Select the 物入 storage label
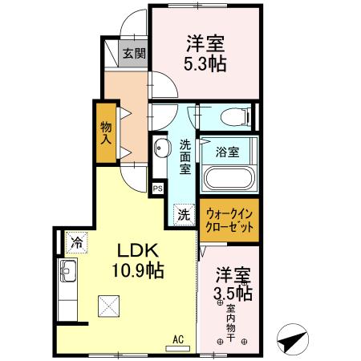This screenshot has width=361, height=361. point(106,132)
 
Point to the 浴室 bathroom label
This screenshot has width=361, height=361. point(228,151)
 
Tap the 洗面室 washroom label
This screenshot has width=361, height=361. point(184,156)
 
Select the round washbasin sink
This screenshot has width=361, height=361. point(160,148)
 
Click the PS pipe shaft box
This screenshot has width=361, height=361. point(157,188)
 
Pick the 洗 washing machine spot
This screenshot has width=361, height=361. point(184,214)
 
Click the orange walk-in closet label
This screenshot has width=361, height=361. point(230,220)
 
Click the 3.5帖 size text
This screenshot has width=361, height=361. point(232,294)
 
